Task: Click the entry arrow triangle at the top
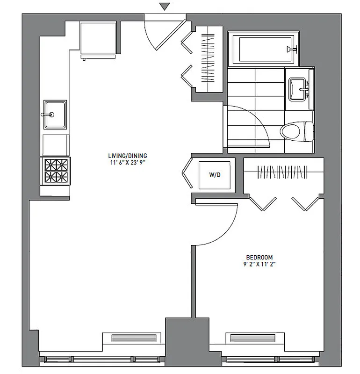pyautogui.click(x=163, y=7)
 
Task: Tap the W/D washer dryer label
pyautogui.click(x=215, y=175)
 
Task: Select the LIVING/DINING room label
pyautogui.click(x=124, y=156)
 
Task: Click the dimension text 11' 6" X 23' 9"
pyautogui.click(x=124, y=163)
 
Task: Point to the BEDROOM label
pyautogui.click(x=259, y=258)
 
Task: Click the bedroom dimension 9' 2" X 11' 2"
pyautogui.click(x=259, y=265)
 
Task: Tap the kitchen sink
pyautogui.click(x=55, y=115)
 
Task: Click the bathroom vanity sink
pyautogui.click(x=298, y=89)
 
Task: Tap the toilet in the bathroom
pyautogui.click(x=296, y=130)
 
